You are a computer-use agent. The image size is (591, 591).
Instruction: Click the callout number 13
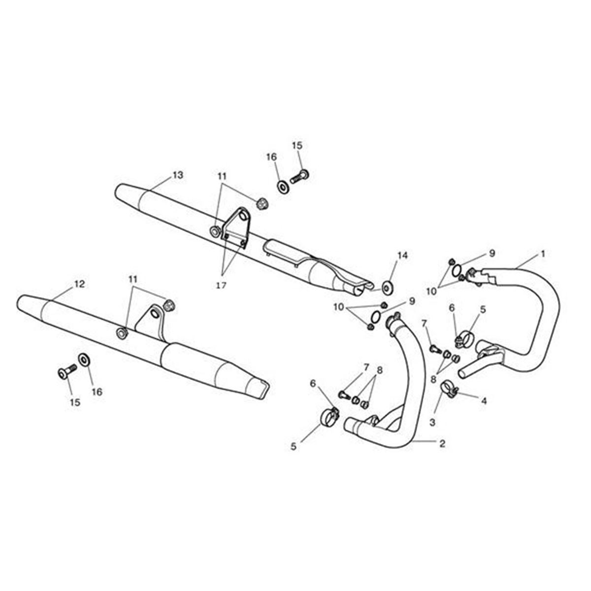point(178,175)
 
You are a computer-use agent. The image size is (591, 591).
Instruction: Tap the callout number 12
point(79,284)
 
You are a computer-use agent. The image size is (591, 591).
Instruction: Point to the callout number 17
point(221,285)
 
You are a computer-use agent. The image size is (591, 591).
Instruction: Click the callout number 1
point(543,254)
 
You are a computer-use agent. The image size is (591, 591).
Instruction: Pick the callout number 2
point(442,443)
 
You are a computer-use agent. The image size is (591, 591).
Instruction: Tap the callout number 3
point(432,423)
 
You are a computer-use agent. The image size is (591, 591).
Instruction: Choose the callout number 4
point(484,400)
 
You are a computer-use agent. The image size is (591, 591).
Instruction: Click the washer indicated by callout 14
point(388,288)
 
